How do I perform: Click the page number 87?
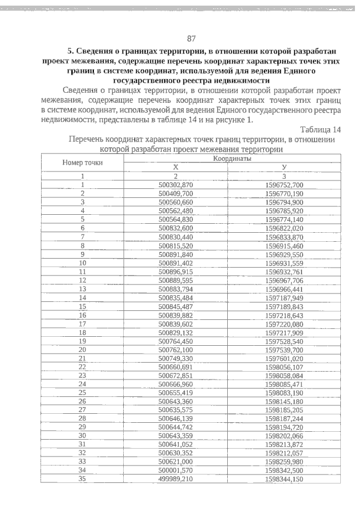191,38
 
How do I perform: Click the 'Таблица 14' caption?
321,130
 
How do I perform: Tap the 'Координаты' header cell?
232,159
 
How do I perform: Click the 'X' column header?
175,167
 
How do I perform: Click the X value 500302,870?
176,184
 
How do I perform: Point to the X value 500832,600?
176,228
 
